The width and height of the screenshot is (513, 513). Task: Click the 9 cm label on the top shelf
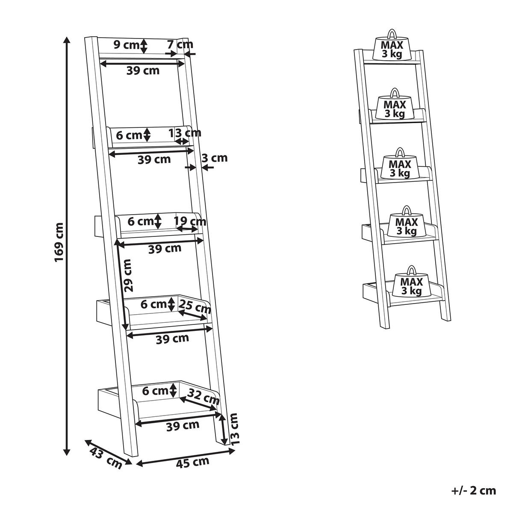(126, 44)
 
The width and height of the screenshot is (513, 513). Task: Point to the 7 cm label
(180, 44)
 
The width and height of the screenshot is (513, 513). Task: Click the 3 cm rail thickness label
(214, 158)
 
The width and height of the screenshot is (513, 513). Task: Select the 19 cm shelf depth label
(190, 221)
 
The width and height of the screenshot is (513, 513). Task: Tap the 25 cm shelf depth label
(194, 306)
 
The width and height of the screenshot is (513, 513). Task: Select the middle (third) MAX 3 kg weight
(400, 166)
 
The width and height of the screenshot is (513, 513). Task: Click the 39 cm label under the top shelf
(143, 71)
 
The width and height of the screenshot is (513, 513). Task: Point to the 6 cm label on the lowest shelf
(154, 391)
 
